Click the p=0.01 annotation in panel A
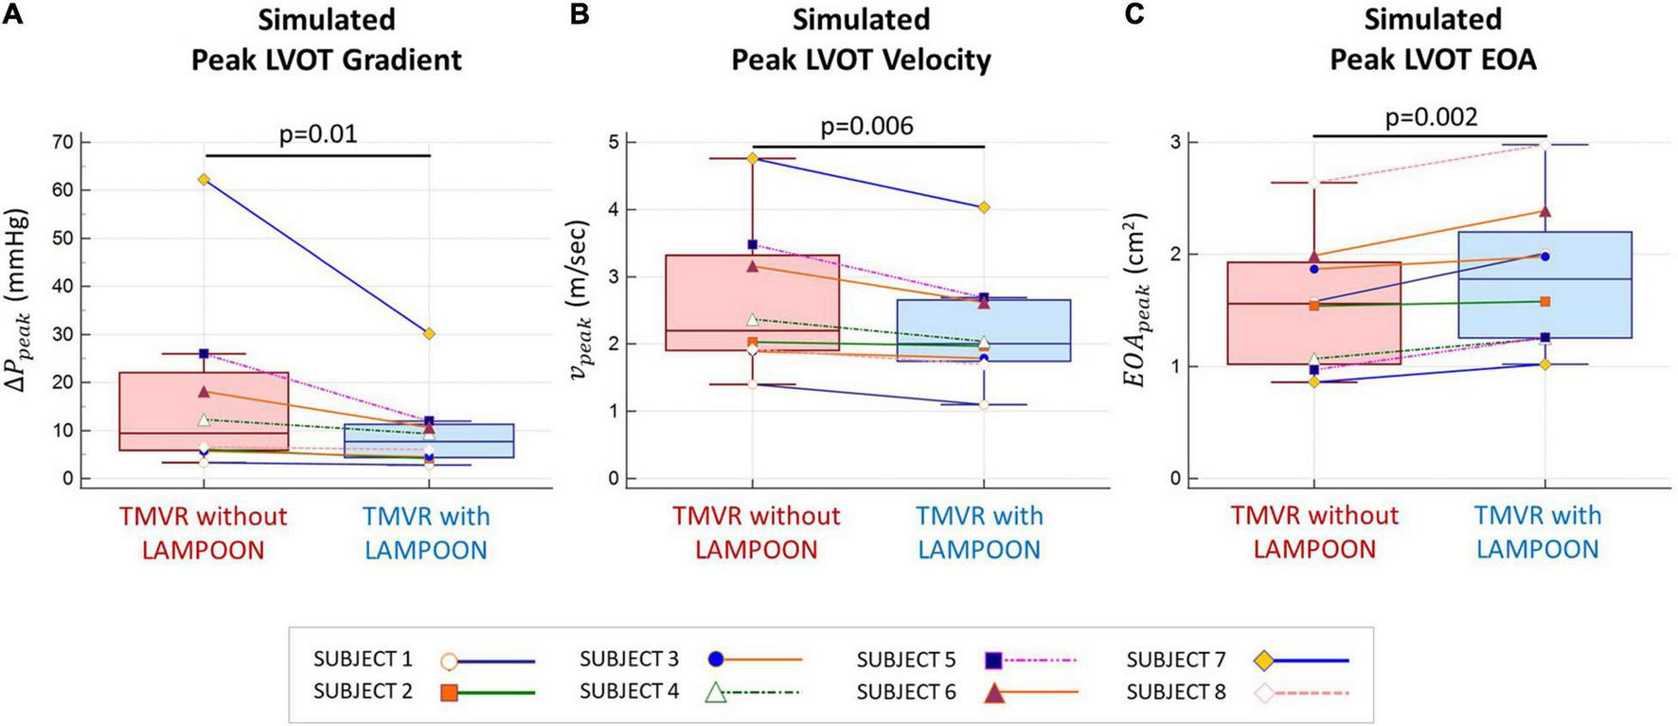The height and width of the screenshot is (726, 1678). point(318,133)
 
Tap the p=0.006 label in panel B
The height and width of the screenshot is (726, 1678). point(866,125)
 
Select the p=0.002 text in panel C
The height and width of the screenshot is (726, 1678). point(1431,116)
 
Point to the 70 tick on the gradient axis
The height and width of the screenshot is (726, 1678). point(63,142)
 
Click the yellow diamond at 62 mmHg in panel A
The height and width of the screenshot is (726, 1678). point(204,179)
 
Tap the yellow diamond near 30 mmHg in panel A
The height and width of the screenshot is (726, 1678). point(429,333)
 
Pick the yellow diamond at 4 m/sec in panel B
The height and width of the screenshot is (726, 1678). point(984,206)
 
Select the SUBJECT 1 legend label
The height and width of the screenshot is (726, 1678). point(363,660)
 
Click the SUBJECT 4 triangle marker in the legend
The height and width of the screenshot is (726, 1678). point(716,693)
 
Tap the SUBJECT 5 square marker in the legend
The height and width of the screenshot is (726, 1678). point(993,660)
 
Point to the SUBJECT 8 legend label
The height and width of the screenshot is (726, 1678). point(1175,692)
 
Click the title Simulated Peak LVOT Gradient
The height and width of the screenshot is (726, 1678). point(327,40)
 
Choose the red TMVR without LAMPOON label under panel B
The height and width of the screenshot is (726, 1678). point(756,532)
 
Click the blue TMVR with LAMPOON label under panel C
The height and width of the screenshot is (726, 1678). point(1537,532)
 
